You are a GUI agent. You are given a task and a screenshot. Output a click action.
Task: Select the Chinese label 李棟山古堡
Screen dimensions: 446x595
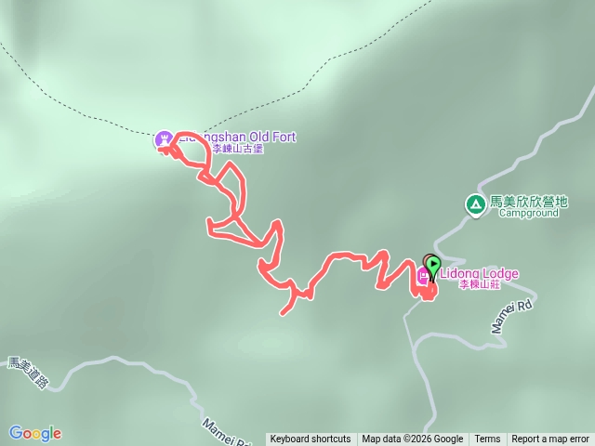[238, 149]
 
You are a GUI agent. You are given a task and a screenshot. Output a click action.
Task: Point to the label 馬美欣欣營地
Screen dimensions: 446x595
[528, 201]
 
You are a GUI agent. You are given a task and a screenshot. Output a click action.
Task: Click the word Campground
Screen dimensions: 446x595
[528, 213]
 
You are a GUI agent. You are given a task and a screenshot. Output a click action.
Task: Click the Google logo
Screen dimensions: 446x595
[34, 433]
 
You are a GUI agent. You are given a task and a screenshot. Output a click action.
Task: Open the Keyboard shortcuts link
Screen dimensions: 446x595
[311, 439]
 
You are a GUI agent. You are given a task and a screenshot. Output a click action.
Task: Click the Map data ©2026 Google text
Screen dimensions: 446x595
[412, 439]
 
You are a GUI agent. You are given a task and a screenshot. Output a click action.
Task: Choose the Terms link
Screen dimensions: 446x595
[487, 439]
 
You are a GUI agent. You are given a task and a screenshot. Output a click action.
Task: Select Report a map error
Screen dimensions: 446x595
[550, 439]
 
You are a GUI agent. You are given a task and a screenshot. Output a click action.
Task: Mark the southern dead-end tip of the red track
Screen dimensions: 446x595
[282, 313]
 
